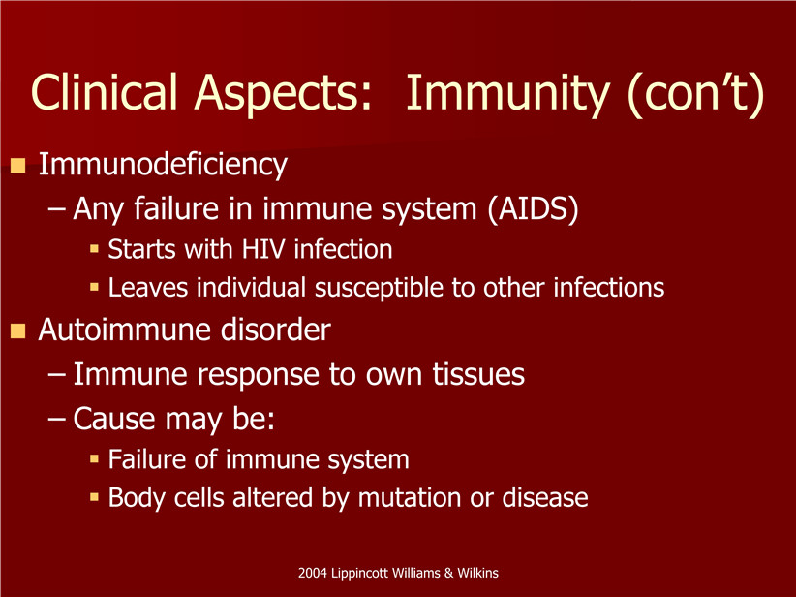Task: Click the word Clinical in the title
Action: tap(104, 91)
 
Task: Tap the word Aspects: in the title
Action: tap(284, 93)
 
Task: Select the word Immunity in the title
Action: tap(507, 93)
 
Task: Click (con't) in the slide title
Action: tap(696, 95)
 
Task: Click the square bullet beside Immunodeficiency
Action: tap(17, 166)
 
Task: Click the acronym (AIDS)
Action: tap(533, 209)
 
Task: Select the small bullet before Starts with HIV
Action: tap(94, 248)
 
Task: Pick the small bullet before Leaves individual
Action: tap(94, 287)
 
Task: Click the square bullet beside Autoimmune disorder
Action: tap(17, 331)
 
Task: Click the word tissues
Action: tap(478, 374)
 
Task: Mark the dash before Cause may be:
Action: tap(56, 420)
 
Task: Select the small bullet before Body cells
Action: tap(94, 497)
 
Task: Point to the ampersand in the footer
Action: tap(448, 573)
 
